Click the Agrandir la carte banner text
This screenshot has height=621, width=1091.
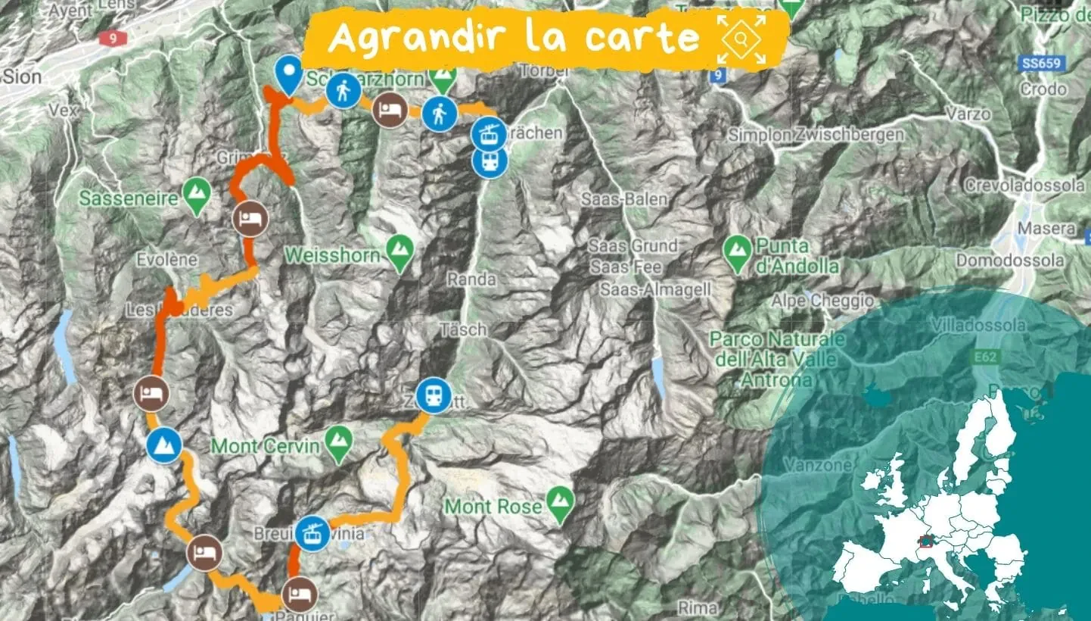pyautogui.click(x=514, y=37)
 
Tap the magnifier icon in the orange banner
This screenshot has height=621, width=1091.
pyautogui.click(x=741, y=37)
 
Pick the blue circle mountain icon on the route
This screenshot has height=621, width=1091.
pyautogui.click(x=164, y=445)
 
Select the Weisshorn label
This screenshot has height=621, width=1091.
pyautogui.click(x=332, y=255)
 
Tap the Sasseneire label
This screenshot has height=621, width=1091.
pyautogui.click(x=128, y=198)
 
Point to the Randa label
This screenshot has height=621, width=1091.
pyautogui.click(x=471, y=279)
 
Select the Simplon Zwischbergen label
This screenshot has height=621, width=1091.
pyautogui.click(x=816, y=135)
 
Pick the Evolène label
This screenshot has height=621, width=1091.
pyautogui.click(x=167, y=260)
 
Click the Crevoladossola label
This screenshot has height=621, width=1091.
pyautogui.click(x=1024, y=186)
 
